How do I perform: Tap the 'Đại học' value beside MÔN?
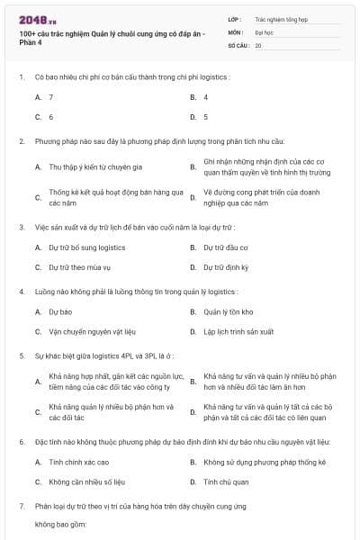pos(264,31)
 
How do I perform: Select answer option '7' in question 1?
pos(51,96)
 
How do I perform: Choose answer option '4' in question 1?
pos(206,96)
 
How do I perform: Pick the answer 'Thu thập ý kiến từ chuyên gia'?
pos(96,167)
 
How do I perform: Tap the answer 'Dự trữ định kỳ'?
pos(226,267)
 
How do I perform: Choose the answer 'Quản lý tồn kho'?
pos(229,311)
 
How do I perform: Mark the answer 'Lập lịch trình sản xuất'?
pos(241,332)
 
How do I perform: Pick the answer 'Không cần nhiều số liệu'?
pos(87,482)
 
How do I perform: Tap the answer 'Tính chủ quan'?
pos(224,482)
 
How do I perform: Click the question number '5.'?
pos(22,355)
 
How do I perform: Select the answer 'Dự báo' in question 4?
pos(59,311)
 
